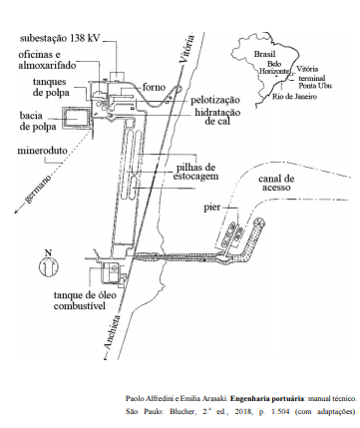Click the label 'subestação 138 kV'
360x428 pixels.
[60, 38]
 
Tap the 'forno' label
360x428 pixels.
[154, 87]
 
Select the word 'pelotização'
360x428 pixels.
[215, 100]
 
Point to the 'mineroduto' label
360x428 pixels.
[42, 151]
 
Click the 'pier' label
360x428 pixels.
[212, 208]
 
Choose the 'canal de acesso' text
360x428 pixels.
[276, 183]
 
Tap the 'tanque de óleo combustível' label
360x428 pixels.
[85, 300]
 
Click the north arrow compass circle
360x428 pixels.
[49, 266]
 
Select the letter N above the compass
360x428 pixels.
[49, 252]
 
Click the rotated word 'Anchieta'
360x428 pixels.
[112, 332]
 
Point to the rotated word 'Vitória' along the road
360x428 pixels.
[186, 49]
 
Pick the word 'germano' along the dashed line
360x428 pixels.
[38, 189]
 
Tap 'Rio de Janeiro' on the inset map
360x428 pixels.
[294, 97]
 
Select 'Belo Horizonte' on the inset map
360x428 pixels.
[274, 68]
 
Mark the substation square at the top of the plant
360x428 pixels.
[117, 76]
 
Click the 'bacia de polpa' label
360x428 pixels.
[38, 121]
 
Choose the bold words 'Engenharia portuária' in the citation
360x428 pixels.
[267, 398]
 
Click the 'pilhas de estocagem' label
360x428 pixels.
[195, 172]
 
